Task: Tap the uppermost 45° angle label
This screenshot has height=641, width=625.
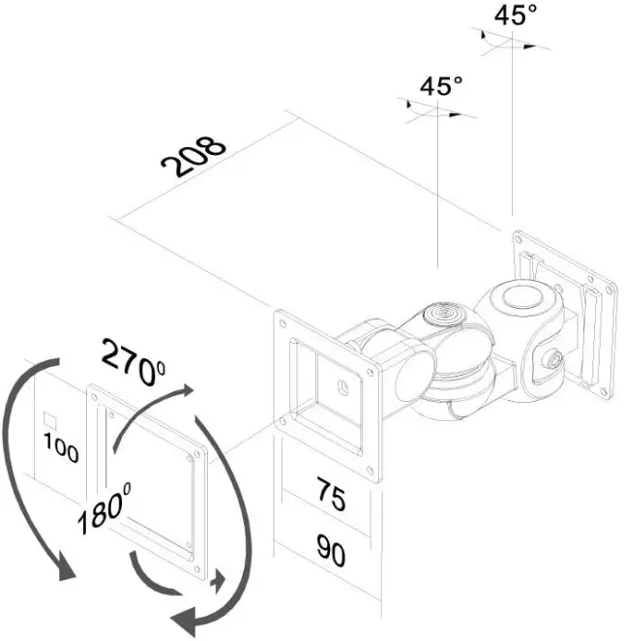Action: (x=515, y=16)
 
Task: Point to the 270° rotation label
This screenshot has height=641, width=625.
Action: (x=134, y=363)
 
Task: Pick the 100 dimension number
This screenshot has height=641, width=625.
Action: (x=60, y=452)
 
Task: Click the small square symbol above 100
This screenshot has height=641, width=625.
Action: (x=50, y=421)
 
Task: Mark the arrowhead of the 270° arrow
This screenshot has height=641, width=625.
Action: (x=182, y=391)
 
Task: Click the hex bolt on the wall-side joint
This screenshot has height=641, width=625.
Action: (x=553, y=359)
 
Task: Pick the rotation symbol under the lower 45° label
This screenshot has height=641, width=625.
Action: (x=436, y=110)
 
